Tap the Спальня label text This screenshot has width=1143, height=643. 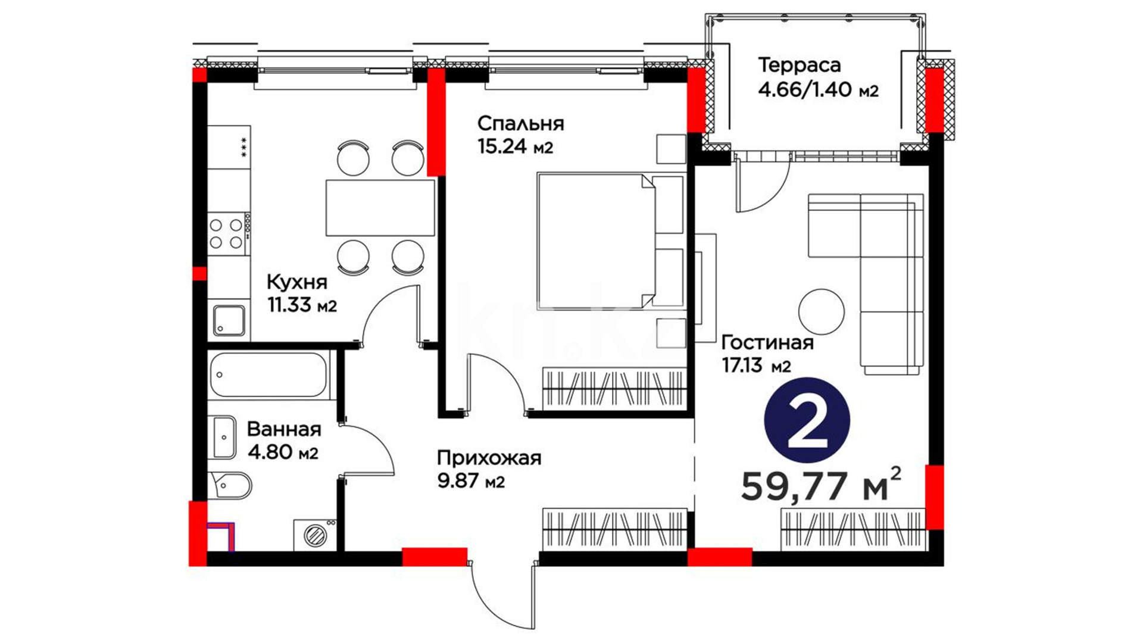pos(520,124)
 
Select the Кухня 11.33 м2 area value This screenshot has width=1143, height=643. pos(302,305)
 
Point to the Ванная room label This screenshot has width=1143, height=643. pos(284,429)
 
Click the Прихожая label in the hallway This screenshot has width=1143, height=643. pos(489,458)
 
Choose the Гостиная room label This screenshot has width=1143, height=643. pos(767,343)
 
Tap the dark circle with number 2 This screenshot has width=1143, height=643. pos(807,420)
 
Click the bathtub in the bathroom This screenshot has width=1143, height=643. pos(269,375)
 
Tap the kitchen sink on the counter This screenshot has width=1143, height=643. pos(229,320)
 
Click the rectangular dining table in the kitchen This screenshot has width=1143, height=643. pos(380,208)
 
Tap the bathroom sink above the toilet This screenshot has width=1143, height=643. pos(223,438)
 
